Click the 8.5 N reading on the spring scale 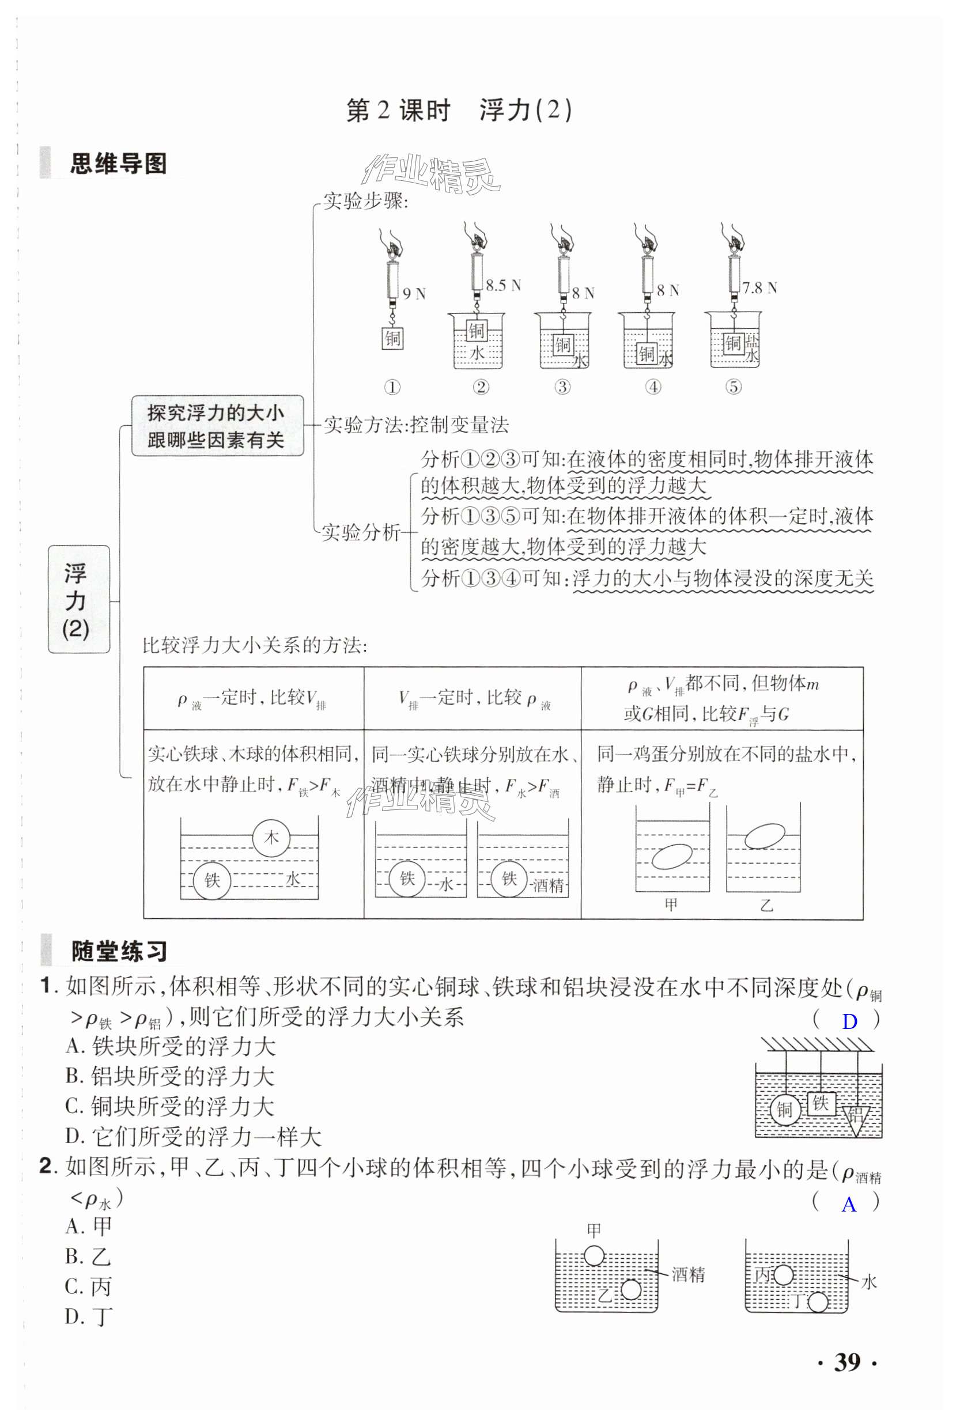[x=502, y=285]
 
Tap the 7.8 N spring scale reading [x=759, y=287]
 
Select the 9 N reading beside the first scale [x=414, y=294]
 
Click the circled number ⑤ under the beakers [x=733, y=387]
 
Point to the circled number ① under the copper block [x=392, y=387]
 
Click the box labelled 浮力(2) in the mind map [x=78, y=599]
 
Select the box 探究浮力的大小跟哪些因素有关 [x=217, y=426]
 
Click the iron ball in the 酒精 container [x=509, y=879]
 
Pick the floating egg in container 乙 [x=764, y=836]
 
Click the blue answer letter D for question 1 [x=849, y=1021]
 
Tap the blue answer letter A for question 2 [x=849, y=1204]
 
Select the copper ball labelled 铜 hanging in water [x=784, y=1109]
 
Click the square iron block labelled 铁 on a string [x=821, y=1103]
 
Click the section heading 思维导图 [x=118, y=164]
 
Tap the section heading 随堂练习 [x=119, y=952]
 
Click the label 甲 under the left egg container [x=671, y=904]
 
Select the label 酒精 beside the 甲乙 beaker [x=688, y=1275]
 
